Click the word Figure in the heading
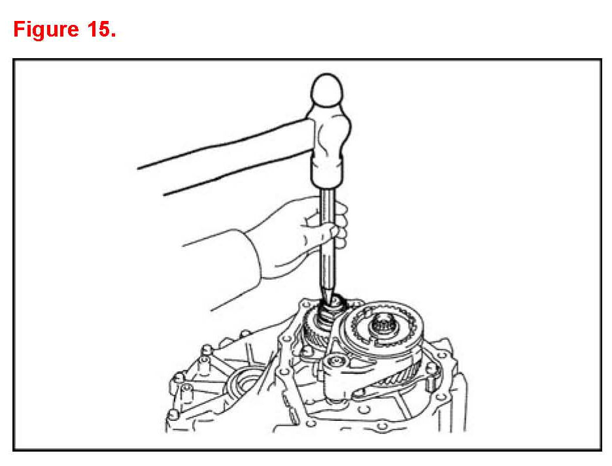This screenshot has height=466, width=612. click(46, 29)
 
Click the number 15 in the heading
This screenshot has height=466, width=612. click(98, 29)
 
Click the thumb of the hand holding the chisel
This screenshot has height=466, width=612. click(318, 231)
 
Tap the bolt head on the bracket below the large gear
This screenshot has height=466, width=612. click(336, 362)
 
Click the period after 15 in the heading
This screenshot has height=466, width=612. click(113, 35)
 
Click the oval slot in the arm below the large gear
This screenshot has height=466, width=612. click(360, 392)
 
